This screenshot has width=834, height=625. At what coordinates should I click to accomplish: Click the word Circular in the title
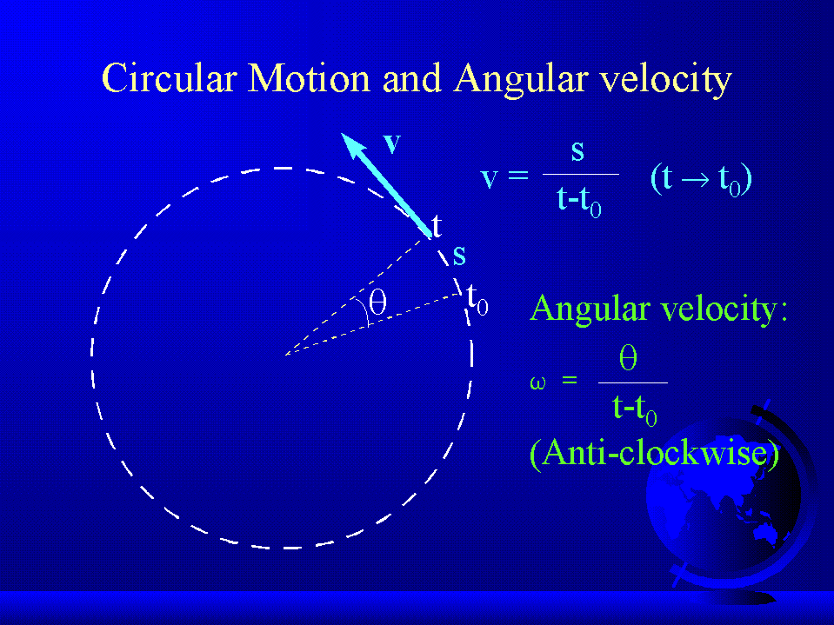point(169,78)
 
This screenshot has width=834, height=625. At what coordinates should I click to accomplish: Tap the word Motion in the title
point(309,78)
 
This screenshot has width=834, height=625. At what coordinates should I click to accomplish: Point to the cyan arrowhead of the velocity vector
point(352,144)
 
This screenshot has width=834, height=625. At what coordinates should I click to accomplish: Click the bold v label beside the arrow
point(392,143)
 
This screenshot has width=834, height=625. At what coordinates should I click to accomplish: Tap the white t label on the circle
point(437,225)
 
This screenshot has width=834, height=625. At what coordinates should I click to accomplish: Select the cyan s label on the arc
point(459,256)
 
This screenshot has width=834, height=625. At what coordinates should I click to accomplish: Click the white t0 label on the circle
point(477,300)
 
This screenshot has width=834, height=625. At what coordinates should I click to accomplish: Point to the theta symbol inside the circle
point(377,302)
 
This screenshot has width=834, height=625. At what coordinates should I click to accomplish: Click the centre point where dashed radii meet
point(285,355)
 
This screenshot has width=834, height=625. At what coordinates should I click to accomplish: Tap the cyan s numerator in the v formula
point(577,152)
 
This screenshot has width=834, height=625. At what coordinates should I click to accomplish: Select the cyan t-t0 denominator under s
point(578,202)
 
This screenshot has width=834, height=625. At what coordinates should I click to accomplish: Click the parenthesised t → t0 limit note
point(701,180)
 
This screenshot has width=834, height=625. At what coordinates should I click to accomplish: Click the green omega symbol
point(537,382)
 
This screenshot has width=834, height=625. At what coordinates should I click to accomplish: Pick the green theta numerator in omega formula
point(628,357)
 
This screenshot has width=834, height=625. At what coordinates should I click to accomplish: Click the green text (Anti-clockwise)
point(654,454)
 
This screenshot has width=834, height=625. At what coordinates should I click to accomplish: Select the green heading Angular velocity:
point(658,309)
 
